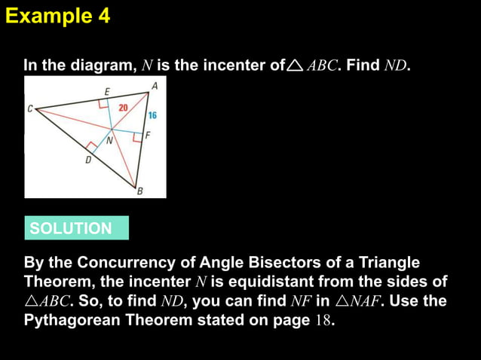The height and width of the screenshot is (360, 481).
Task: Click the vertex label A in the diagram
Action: coord(155,87)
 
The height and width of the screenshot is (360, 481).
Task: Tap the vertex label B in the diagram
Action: coord(139,192)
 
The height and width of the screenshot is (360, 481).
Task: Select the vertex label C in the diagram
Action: coord(30,108)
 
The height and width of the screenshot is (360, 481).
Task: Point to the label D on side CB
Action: coord(87,160)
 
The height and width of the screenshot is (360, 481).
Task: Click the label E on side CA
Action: coord(107,92)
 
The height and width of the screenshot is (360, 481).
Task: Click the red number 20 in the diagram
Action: coord(124,108)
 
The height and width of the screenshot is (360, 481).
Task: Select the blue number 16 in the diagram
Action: coord(152,116)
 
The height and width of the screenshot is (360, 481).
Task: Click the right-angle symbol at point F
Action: coord(137,138)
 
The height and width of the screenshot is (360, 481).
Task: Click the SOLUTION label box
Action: coord(76,228)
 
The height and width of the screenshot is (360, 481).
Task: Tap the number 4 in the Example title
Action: coord(104,16)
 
